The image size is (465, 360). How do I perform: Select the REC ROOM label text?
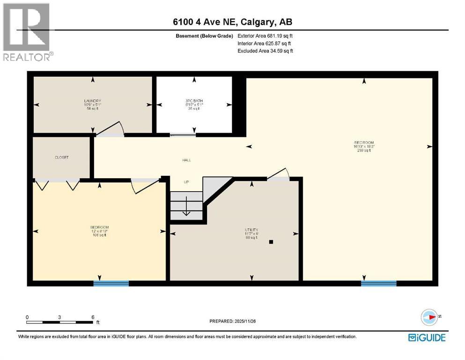[364, 143]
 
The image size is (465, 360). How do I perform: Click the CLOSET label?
[62, 157]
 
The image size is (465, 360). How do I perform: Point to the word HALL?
[186, 160]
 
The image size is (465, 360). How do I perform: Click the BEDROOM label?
[99, 227]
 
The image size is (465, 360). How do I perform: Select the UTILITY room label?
[251, 230]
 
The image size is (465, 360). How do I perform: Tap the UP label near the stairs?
[186, 182]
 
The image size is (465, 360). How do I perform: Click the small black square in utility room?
[271, 242]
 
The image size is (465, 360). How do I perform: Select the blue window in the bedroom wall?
[111, 283]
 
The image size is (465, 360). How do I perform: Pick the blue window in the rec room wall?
[378, 283]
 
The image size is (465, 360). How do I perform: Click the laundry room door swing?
[111, 129]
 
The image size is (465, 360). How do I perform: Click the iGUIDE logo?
[427, 337]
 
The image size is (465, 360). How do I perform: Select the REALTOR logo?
[27, 32]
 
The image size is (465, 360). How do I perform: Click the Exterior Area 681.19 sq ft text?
[265, 36]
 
